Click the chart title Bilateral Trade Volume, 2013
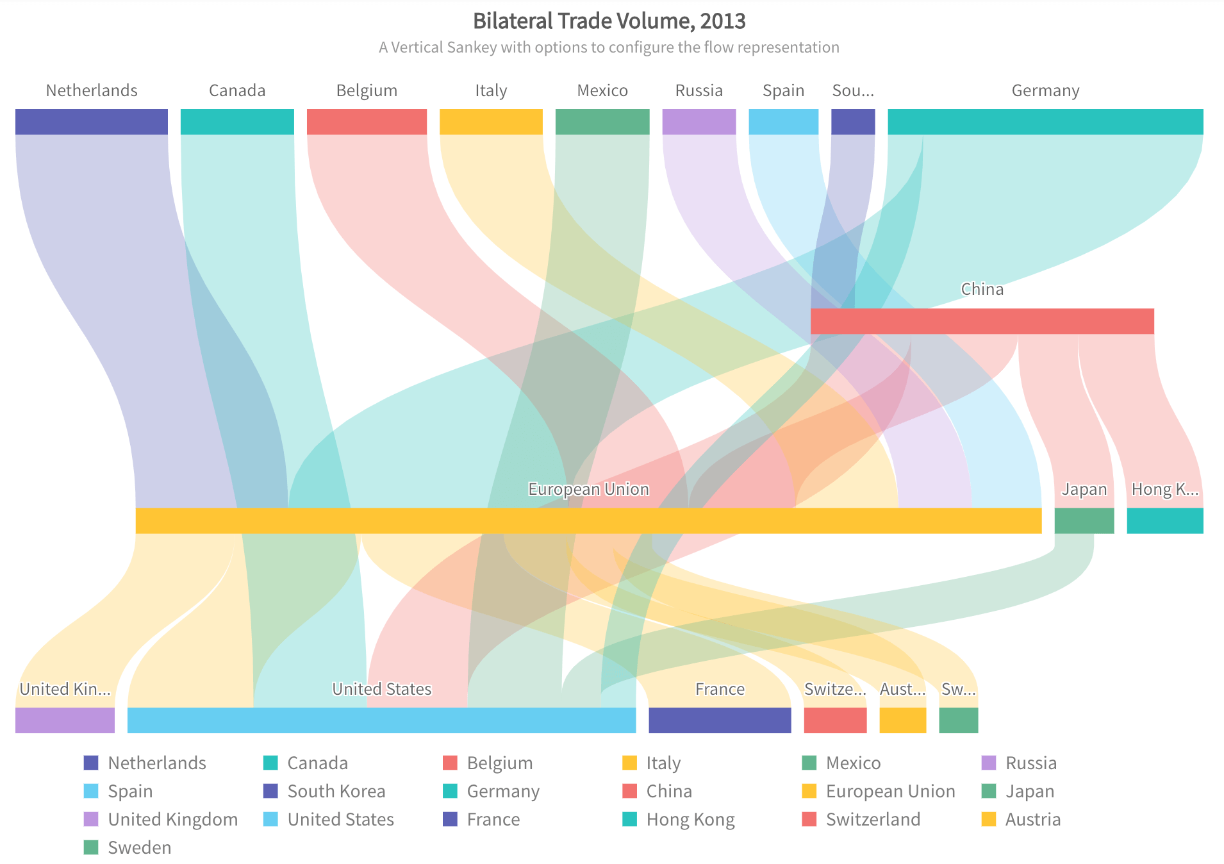609,21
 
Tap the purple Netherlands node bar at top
92,122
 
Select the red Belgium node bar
367,122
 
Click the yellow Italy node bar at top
491,122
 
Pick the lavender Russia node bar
699,122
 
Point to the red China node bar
982,321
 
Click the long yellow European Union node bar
588,520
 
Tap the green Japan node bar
1084,520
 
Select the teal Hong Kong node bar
1164,520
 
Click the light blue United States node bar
381,720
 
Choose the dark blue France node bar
720,720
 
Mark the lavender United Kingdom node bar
65,720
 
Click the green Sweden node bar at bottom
958,720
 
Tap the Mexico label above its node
602,90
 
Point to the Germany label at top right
1045,90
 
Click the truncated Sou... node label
852,90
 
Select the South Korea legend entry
336,791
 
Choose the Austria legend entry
1032,819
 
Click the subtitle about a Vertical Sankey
609,47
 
